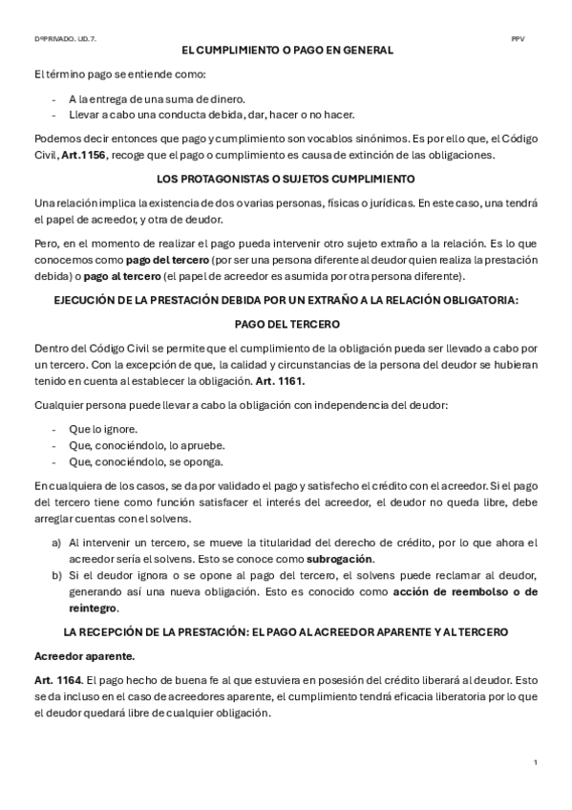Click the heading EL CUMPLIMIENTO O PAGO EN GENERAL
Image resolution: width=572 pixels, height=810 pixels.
tap(287, 51)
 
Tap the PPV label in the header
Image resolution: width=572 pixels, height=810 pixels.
tap(518, 38)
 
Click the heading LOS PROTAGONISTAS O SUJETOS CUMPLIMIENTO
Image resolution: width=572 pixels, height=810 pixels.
tap(286, 179)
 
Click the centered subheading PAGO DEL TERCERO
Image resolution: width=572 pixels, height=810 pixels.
tap(286, 324)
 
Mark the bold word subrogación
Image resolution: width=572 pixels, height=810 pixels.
tap(340, 558)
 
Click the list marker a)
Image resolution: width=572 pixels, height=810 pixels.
tap(56, 542)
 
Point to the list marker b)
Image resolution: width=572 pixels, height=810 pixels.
tap(56, 575)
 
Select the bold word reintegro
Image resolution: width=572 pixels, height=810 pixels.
tap(92, 607)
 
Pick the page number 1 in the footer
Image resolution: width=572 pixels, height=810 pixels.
tap(536, 761)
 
